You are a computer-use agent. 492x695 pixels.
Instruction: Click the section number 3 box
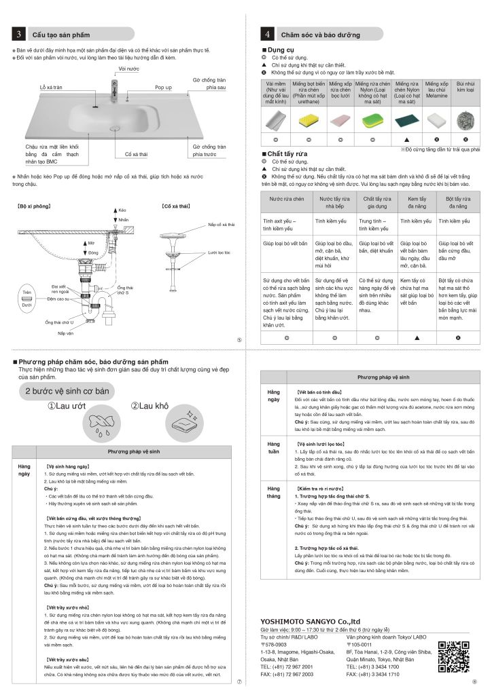(x=20, y=34)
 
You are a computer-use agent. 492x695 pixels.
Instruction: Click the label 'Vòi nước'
(x=128, y=69)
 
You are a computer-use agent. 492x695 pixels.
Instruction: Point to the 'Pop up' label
(x=163, y=88)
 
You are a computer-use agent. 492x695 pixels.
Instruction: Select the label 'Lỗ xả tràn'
(x=51, y=88)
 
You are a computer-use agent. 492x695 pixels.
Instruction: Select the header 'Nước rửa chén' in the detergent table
(x=283, y=202)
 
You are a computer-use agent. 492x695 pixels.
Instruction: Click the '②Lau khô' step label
(x=147, y=406)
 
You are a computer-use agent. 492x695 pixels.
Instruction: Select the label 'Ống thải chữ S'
(x=124, y=291)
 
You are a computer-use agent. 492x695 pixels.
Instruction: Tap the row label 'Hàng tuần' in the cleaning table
(x=273, y=447)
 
